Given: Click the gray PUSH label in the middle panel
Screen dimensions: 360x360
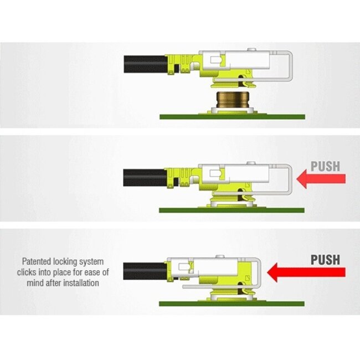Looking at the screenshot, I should pos(326,166).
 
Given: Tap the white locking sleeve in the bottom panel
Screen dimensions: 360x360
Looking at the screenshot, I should pos(216,267).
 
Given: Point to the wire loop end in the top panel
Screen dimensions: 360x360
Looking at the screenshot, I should pos(289,65).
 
